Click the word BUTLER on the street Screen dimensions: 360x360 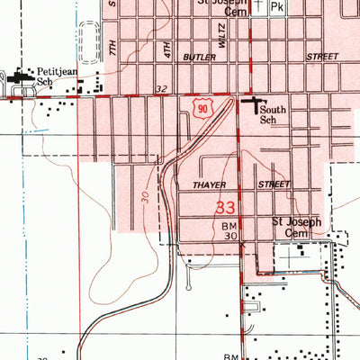[x=200, y=56]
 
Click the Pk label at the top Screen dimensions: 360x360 [x=277, y=7]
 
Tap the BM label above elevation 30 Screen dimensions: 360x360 [x=229, y=227]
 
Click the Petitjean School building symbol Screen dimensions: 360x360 [x=19, y=77]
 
